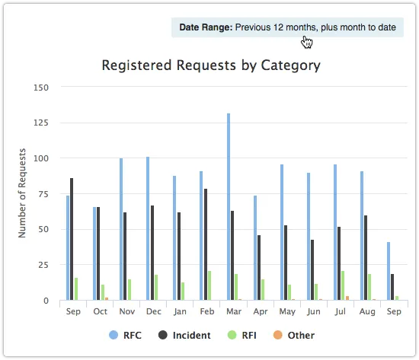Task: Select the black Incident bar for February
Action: [206, 244]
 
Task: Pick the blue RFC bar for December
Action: [148, 228]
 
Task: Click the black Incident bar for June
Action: [312, 269]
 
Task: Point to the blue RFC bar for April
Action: [255, 248]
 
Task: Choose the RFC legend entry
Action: [126, 335]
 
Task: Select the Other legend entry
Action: [294, 335]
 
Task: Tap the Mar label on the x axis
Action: [233, 312]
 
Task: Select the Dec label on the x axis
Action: [152, 312]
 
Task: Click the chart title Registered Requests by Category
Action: [211, 65]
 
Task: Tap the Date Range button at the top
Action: [287, 27]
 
